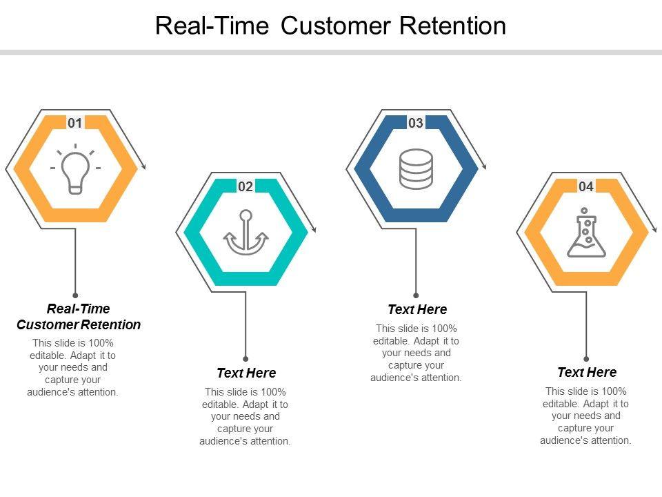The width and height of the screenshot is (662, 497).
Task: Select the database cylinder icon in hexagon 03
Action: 416,168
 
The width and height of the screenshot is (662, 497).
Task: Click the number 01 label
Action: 74,123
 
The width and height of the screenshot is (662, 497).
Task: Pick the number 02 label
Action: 245,186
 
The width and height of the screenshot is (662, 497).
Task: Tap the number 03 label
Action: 415,123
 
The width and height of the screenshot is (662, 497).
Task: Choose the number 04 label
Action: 586,186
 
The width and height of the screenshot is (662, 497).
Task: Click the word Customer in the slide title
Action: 335,26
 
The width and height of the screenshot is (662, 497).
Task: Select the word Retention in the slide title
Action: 452,26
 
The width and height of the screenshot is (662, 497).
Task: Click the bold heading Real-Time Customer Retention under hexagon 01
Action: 79,317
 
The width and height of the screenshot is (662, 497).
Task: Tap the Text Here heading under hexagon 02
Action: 246,373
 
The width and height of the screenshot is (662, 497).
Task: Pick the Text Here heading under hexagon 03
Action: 417,309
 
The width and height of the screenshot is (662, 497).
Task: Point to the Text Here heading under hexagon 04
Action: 587,372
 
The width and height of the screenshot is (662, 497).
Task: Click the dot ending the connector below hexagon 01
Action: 75,295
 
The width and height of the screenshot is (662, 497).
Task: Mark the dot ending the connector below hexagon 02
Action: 245,359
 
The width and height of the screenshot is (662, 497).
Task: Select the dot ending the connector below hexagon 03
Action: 416,295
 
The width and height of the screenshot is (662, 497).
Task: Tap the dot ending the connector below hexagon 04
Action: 586,359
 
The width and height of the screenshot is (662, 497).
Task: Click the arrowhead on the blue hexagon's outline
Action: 484,166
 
